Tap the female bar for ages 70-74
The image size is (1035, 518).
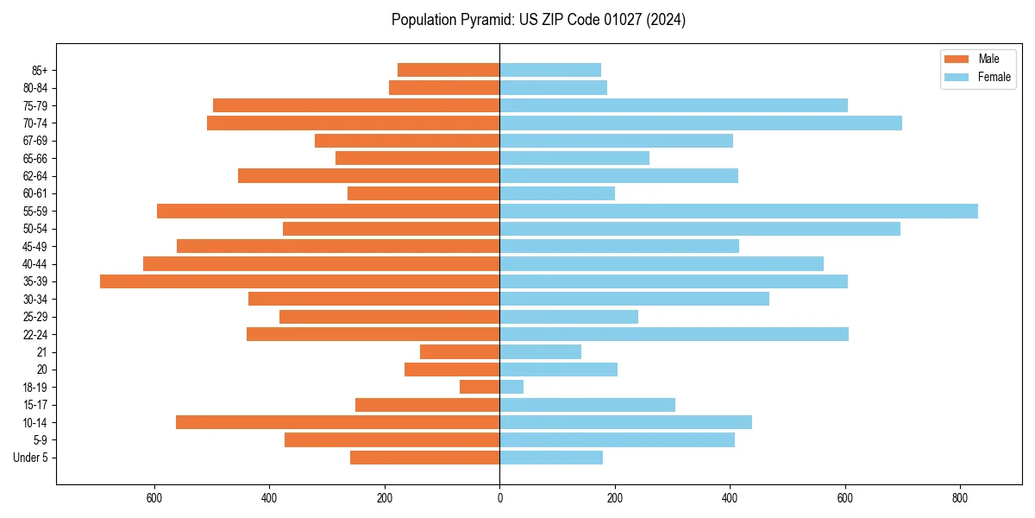[700, 123]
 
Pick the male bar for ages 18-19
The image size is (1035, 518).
[480, 387]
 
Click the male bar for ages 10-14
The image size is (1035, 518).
[337, 422]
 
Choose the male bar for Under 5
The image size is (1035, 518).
[424, 458]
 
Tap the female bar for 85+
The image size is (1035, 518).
[550, 70]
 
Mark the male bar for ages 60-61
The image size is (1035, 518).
[423, 193]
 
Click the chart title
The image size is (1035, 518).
[538, 20]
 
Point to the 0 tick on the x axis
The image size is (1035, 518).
[499, 497]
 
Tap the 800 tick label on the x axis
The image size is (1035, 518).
[960, 497]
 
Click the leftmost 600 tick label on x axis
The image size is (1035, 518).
[154, 497]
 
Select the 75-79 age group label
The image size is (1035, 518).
[35, 105]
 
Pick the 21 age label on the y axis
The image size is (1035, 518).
[41, 352]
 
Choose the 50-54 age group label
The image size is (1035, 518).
[35, 229]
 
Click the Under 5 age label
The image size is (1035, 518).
[30, 458]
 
